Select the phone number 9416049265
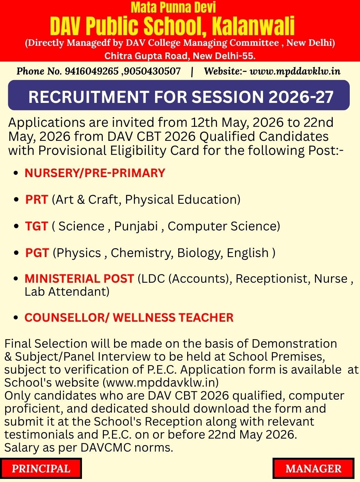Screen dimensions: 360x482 point(92,71)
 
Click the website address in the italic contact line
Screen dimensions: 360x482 point(295,71)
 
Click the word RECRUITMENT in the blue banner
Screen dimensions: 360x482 point(89,97)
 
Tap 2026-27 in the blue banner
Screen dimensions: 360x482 point(301,97)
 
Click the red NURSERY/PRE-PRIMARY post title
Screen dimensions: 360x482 point(95,173)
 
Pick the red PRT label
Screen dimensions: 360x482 point(37,199)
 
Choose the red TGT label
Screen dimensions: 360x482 point(37,226)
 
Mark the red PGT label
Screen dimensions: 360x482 point(37,253)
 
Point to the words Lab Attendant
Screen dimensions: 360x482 point(67,292)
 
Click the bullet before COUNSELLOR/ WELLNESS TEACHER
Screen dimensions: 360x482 point(16,318)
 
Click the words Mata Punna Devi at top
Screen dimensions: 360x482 point(173,8)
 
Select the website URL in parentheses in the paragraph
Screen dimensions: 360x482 point(161,382)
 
